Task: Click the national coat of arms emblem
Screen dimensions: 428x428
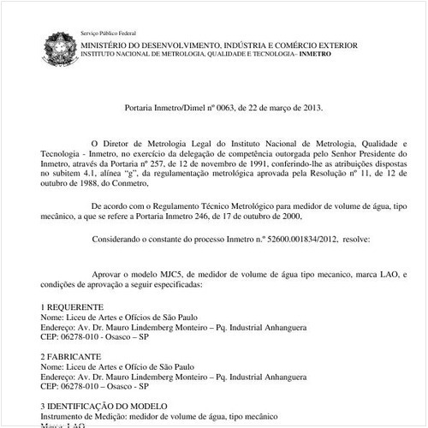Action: (60, 46)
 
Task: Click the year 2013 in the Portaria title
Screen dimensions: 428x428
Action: (312, 109)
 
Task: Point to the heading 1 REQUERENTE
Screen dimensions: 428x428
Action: (73, 306)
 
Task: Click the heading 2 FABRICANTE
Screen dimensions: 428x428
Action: (71, 355)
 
